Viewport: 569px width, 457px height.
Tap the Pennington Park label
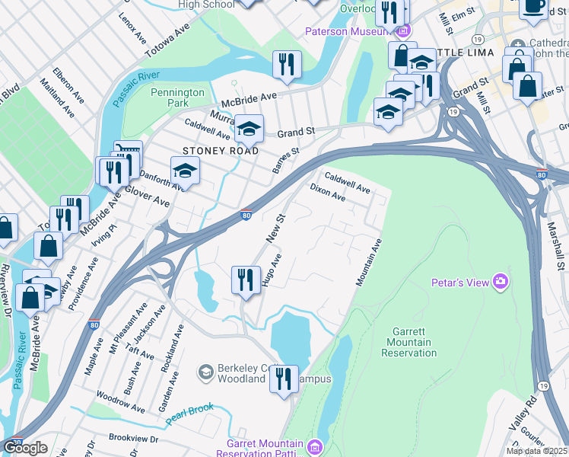(x=177, y=97)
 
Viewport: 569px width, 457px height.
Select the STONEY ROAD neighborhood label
(x=221, y=151)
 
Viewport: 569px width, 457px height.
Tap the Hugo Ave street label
(x=272, y=270)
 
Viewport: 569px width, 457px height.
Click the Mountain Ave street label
(x=369, y=262)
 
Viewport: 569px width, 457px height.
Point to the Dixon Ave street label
(x=328, y=192)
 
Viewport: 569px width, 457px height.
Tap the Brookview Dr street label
(x=132, y=439)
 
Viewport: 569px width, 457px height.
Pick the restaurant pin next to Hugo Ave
(x=244, y=280)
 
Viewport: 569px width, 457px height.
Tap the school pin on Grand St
(x=248, y=129)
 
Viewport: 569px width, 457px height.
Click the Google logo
(x=25, y=448)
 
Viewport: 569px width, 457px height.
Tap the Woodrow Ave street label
(x=120, y=403)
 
